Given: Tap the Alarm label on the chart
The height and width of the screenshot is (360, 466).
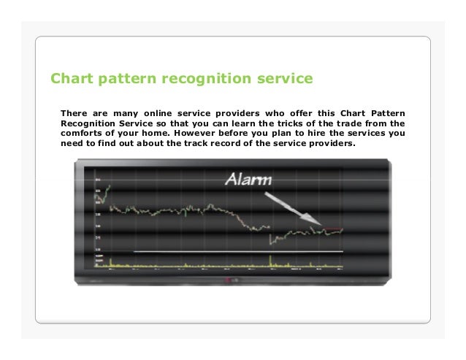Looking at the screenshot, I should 247,180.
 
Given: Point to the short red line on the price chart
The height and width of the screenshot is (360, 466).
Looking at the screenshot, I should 333,229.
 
